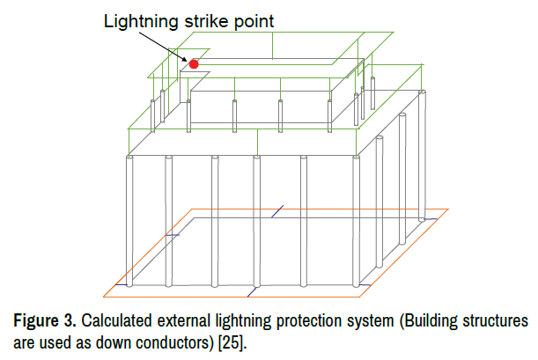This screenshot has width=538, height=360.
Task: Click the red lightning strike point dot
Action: (x=194, y=63)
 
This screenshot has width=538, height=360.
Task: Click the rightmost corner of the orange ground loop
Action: (x=449, y=209)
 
